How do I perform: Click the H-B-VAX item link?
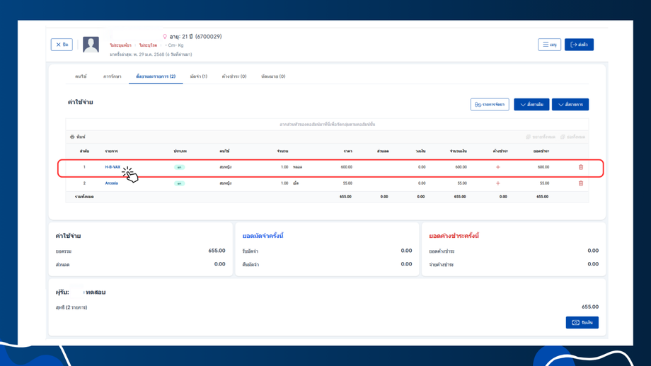(x=113, y=167)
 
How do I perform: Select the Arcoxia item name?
(x=111, y=183)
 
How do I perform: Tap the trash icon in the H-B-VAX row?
(x=581, y=167)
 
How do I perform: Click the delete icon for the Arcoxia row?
(x=581, y=183)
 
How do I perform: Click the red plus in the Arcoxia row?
(x=497, y=183)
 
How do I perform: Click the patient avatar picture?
(x=91, y=45)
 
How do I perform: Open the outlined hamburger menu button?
(x=549, y=45)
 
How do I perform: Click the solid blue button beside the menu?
(x=579, y=45)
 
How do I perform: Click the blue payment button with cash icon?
(x=582, y=323)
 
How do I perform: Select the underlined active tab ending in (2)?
(x=156, y=76)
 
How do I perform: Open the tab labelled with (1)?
(x=198, y=76)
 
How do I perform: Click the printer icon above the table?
(x=72, y=137)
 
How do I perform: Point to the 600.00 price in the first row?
(x=346, y=167)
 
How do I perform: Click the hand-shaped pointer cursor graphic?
(x=130, y=174)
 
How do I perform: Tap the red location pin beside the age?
(x=165, y=37)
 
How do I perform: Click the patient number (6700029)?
(x=209, y=37)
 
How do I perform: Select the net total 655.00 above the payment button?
(x=589, y=307)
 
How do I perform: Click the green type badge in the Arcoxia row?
(x=180, y=183)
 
